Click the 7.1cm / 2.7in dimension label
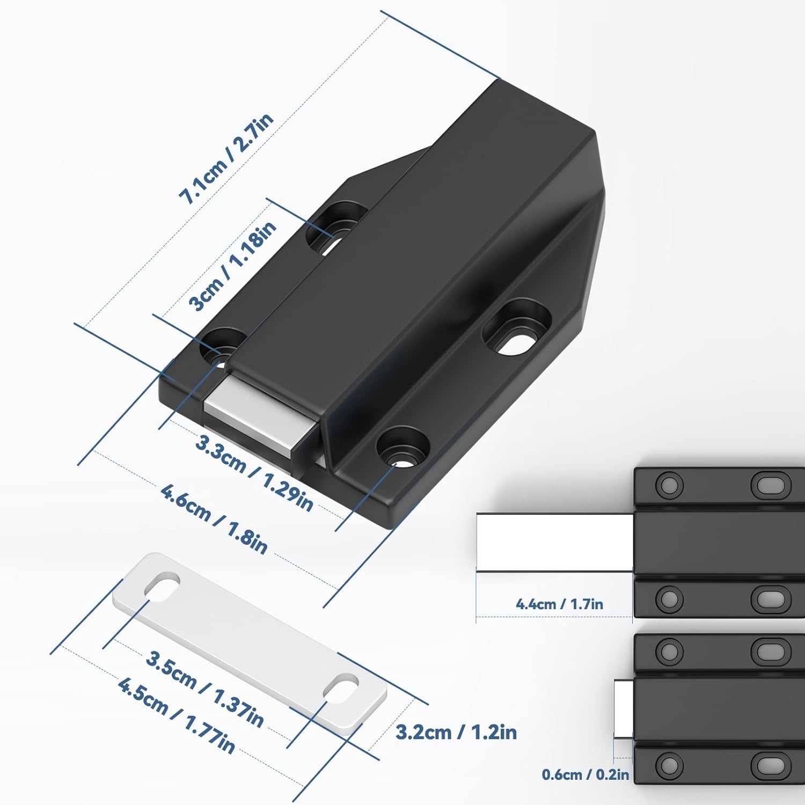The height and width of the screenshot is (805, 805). [226, 159]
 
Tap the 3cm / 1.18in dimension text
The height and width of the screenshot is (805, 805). [232, 267]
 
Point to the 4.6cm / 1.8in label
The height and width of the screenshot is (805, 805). [214, 518]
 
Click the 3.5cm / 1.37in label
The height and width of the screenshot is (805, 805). [204, 690]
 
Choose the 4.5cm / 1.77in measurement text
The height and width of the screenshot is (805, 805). [176, 716]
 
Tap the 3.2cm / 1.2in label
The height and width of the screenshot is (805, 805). [456, 732]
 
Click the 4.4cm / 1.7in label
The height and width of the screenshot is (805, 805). [559, 604]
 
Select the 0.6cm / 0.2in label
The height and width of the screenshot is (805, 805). [585, 774]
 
